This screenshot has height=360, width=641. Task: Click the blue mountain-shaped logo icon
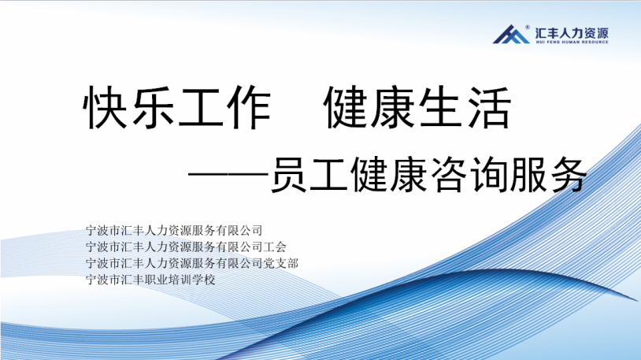[x=511, y=35]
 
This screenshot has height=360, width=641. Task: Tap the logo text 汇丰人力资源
[x=572, y=33]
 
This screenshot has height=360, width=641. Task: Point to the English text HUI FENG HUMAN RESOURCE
[x=572, y=42]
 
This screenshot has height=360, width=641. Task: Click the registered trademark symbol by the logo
[x=528, y=28]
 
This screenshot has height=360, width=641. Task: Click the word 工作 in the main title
[x=224, y=108]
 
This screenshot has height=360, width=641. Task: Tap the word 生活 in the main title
[x=465, y=108]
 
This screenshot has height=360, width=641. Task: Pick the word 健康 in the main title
[x=370, y=108]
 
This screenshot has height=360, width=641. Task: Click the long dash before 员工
[x=228, y=175]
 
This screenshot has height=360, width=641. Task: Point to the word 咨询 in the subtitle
[x=468, y=175]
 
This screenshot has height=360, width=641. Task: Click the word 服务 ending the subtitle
[x=547, y=175]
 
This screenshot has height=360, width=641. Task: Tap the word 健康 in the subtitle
[x=389, y=175]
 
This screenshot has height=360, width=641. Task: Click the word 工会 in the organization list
[x=275, y=247]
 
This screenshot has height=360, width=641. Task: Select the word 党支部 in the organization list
[x=280, y=263]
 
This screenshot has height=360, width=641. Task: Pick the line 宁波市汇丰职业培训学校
[x=150, y=280]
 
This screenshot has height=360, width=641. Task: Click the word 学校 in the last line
[x=204, y=280]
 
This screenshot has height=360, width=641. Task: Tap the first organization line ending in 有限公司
[x=174, y=230]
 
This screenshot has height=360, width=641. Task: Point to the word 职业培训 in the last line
[x=168, y=280]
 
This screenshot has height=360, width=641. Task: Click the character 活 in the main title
[x=489, y=108]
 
